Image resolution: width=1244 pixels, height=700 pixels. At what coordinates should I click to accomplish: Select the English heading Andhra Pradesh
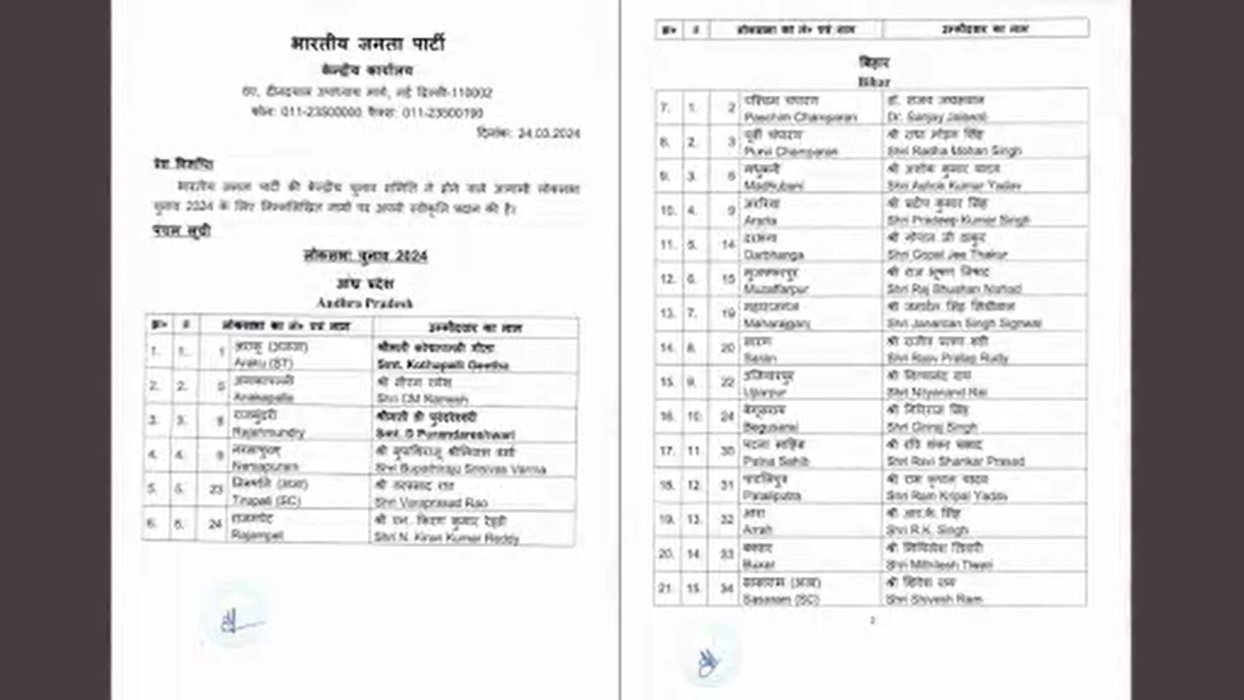tap(364, 303)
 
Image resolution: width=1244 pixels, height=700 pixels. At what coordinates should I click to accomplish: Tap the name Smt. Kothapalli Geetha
tap(443, 365)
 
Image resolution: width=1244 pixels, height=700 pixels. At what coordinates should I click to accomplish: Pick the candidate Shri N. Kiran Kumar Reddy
tap(447, 538)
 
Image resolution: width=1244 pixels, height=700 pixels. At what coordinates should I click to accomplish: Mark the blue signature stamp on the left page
tap(235, 621)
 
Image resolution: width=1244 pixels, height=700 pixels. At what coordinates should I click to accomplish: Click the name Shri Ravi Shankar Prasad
tap(955, 461)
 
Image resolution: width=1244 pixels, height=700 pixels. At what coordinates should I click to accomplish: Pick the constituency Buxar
tap(760, 564)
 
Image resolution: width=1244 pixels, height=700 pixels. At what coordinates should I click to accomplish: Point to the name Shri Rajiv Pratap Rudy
tap(947, 358)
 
